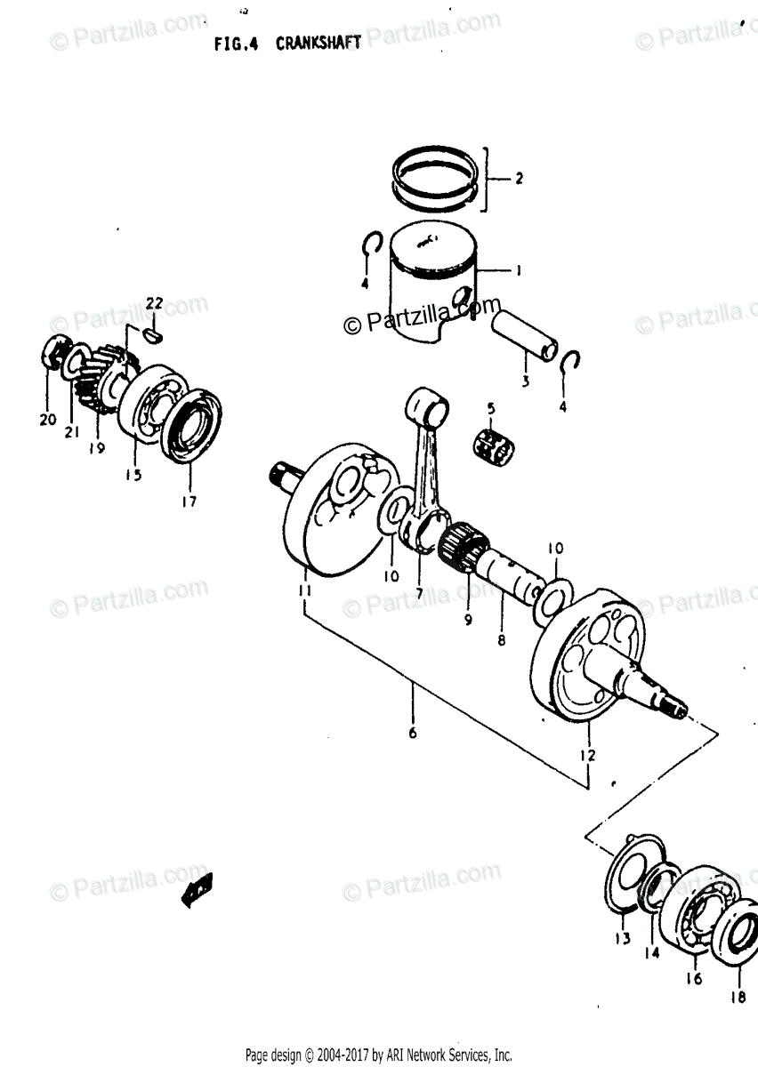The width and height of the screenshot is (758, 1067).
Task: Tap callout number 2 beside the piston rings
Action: pyautogui.click(x=518, y=179)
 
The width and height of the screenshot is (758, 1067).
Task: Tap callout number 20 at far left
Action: pyautogui.click(x=47, y=420)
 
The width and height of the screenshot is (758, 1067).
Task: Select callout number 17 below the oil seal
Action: pyautogui.click(x=189, y=501)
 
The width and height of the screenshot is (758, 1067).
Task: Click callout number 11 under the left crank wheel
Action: pyautogui.click(x=304, y=590)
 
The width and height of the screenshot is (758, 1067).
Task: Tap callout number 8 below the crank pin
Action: pyautogui.click(x=502, y=638)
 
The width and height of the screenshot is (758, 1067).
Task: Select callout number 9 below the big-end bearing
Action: pyautogui.click(x=468, y=621)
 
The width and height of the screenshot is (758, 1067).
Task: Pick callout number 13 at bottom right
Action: pyautogui.click(x=621, y=939)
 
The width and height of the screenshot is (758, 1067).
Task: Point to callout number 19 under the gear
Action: pyautogui.click(x=96, y=448)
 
